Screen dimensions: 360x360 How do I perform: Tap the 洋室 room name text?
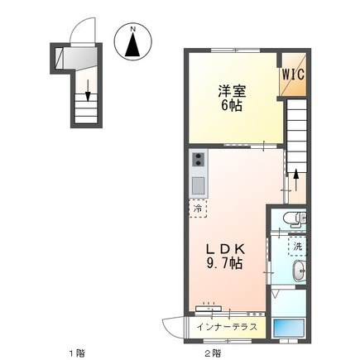231,91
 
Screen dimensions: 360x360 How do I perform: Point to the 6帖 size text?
231,108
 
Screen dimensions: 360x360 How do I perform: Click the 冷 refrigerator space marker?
199,209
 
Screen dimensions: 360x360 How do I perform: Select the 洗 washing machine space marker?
295,246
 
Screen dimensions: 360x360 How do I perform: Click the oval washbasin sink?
298,272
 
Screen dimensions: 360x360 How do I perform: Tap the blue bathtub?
290,327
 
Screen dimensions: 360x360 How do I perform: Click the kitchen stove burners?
199,161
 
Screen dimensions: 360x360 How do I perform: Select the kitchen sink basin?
199,184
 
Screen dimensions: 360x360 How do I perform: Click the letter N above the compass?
133,28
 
